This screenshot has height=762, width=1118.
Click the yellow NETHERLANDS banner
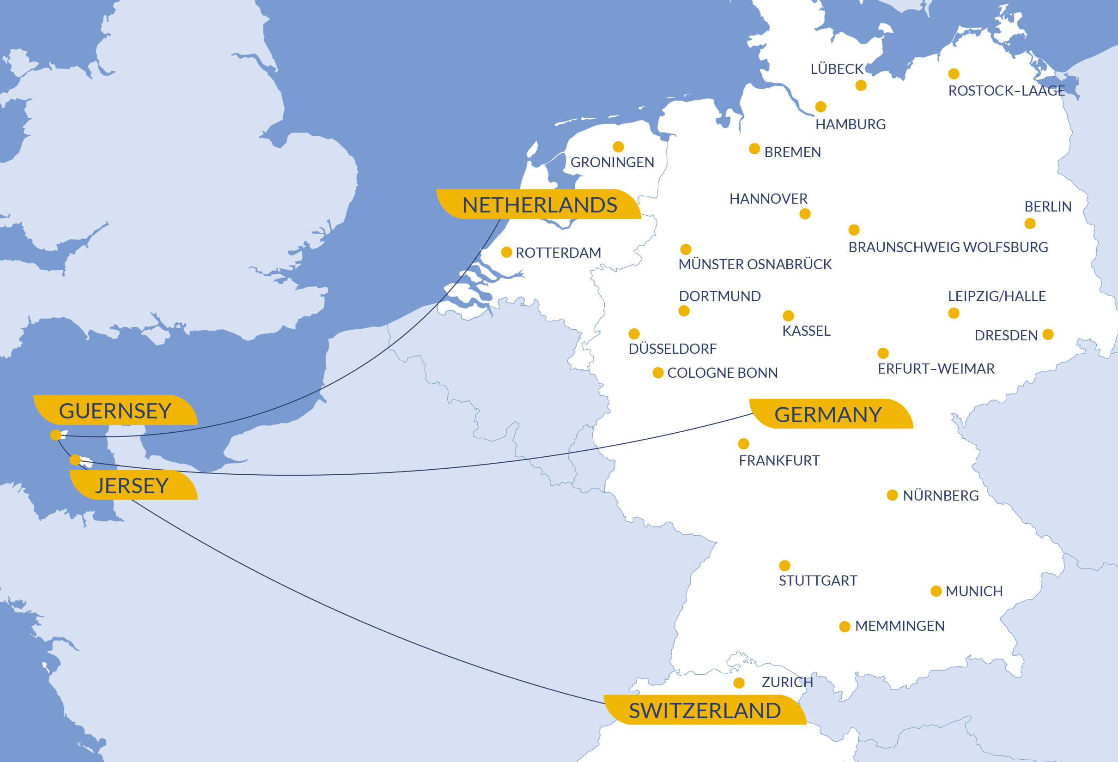(x=539, y=205)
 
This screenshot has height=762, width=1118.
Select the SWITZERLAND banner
(x=704, y=711)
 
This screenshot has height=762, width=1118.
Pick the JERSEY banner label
(x=132, y=485)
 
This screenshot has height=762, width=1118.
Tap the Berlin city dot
(x=1030, y=224)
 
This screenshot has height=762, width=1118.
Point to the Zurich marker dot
(x=739, y=683)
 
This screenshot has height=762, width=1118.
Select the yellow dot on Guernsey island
(x=56, y=435)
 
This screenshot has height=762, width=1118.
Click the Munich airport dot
(x=936, y=591)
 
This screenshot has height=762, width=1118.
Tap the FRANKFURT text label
(x=779, y=460)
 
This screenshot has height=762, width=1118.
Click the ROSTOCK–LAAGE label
(x=1006, y=91)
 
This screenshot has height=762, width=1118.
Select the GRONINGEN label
(x=612, y=163)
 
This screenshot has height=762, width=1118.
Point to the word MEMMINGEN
(x=899, y=626)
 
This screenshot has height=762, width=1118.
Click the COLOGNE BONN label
(x=722, y=373)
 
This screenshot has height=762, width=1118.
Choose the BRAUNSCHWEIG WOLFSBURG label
(x=948, y=247)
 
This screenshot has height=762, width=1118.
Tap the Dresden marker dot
(x=1048, y=334)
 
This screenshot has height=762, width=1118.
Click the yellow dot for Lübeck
(x=861, y=85)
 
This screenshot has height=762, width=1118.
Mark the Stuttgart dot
(x=784, y=565)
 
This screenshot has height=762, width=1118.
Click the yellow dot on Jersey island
(x=75, y=460)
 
